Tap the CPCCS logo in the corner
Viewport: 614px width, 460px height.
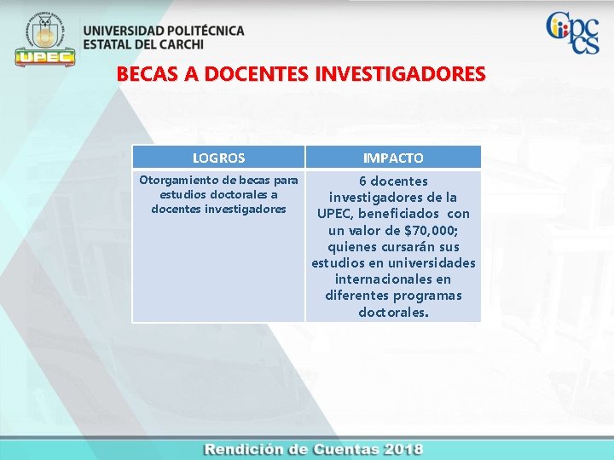(572, 33)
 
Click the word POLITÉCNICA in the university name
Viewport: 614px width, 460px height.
(202, 31)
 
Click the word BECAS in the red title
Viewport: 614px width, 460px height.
(142, 74)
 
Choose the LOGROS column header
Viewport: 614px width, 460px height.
(218, 158)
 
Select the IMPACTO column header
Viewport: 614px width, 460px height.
(393, 158)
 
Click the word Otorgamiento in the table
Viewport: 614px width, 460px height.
(176, 180)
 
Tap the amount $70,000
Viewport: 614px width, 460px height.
(431, 230)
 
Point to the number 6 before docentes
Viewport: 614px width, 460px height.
(362, 181)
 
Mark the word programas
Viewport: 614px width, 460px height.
(427, 296)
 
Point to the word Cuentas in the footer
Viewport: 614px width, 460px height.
(339, 449)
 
